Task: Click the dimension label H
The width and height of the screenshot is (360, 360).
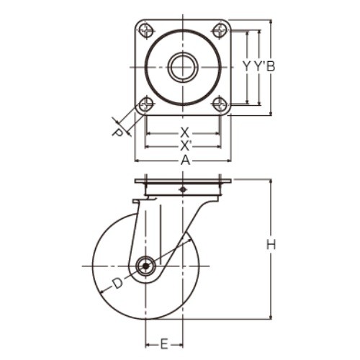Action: [271, 245]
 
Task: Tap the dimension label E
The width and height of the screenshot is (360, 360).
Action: [164, 345]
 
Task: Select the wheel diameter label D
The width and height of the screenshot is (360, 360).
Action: [117, 284]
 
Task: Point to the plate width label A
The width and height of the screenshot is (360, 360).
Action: [185, 161]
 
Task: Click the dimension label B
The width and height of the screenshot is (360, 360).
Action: [271, 66]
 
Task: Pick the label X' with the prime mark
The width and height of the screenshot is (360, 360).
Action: [185, 146]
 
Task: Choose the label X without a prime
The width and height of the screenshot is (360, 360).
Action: [184, 132]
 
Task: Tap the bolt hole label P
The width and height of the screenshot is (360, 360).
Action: [118, 132]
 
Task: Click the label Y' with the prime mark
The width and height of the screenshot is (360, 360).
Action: [260, 66]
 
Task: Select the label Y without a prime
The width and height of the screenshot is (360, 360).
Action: [247, 66]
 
